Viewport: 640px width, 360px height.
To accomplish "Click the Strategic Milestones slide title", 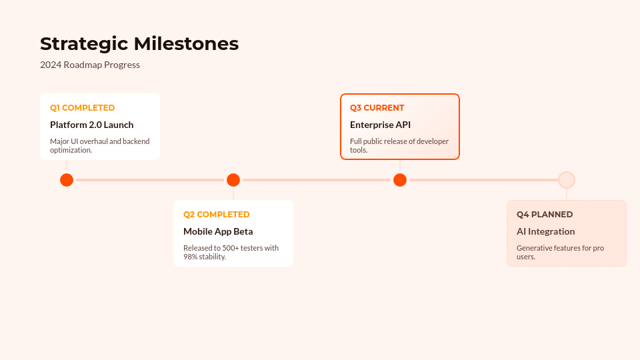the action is click(x=139, y=44).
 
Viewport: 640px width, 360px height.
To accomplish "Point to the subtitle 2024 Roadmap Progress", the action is click(x=90, y=65).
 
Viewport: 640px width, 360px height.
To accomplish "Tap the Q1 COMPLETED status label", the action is click(x=83, y=108).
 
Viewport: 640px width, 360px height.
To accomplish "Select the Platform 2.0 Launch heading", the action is click(x=92, y=125).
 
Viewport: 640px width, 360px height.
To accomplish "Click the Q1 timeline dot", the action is click(x=67, y=180).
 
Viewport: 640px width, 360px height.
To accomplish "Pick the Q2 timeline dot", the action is click(x=233, y=180).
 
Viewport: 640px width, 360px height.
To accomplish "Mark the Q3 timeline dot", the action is click(x=400, y=180).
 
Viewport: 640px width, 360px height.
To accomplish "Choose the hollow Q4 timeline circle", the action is click(x=567, y=173).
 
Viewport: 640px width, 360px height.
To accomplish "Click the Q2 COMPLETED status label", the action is click(x=216, y=215).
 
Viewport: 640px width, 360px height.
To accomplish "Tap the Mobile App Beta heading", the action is click(x=218, y=231).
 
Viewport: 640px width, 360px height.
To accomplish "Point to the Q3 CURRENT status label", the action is click(x=377, y=108).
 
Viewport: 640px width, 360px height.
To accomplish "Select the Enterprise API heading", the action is click(x=381, y=125).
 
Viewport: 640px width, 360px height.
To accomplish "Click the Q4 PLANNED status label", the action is click(x=545, y=215).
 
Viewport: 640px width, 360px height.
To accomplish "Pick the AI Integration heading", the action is click(x=546, y=231).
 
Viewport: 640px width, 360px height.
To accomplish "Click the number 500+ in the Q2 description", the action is click(x=231, y=248).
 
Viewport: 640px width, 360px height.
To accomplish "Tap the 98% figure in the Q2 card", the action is click(x=190, y=257).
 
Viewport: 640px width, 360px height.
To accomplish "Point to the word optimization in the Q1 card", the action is click(x=71, y=150).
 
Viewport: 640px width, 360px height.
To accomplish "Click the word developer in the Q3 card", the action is click(x=433, y=141).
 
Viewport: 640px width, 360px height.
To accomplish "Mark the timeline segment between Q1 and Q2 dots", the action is click(x=150, y=180).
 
